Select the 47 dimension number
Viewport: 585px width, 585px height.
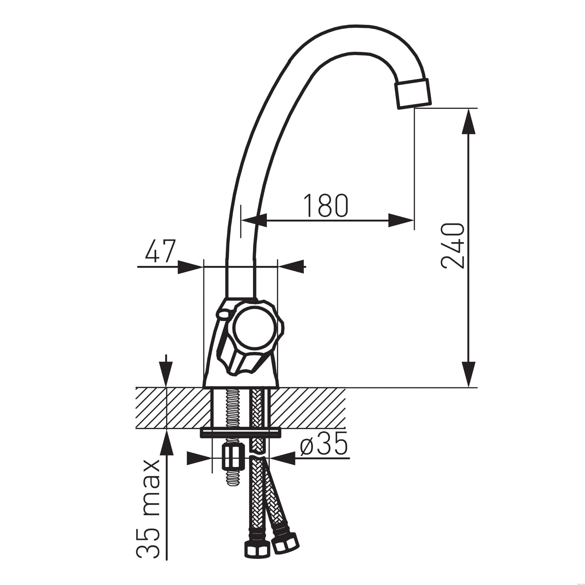[161, 251]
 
